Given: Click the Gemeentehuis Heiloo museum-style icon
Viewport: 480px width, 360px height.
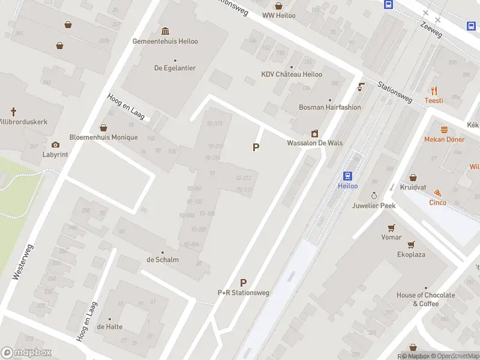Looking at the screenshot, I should coord(165,31).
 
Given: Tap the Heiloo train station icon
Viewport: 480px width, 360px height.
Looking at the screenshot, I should coord(347,176).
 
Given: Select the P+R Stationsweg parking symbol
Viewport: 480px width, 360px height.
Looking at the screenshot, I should coord(243,283).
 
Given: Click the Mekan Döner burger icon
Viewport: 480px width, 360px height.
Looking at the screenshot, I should coord(445,130).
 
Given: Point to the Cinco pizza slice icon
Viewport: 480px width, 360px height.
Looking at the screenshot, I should coord(437,193).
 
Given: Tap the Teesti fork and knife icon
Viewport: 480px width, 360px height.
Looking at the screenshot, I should coord(434,91).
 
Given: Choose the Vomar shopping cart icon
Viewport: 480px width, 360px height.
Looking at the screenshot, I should coord(391,227).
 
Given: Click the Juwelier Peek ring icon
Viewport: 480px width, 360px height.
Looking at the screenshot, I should coord(374,196).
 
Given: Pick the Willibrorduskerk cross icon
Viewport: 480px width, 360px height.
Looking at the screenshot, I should coord(13,112).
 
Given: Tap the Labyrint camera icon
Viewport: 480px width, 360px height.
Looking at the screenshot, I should coord(55,145).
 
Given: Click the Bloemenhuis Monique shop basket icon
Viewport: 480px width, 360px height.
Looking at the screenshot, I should coord(103,128).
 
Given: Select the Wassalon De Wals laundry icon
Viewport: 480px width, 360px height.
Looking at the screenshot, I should coord(314,133).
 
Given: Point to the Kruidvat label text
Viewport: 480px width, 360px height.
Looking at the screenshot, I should coord(413,187).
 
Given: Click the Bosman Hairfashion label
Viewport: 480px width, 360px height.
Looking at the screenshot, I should coord(330,107).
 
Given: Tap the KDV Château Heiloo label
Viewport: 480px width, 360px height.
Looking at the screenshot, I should coord(292,74).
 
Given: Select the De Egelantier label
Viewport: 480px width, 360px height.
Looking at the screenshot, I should coord(175,68).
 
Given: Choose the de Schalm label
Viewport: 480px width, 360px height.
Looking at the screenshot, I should coord(162,259).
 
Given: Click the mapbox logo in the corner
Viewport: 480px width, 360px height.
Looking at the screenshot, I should coord(26,353).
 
